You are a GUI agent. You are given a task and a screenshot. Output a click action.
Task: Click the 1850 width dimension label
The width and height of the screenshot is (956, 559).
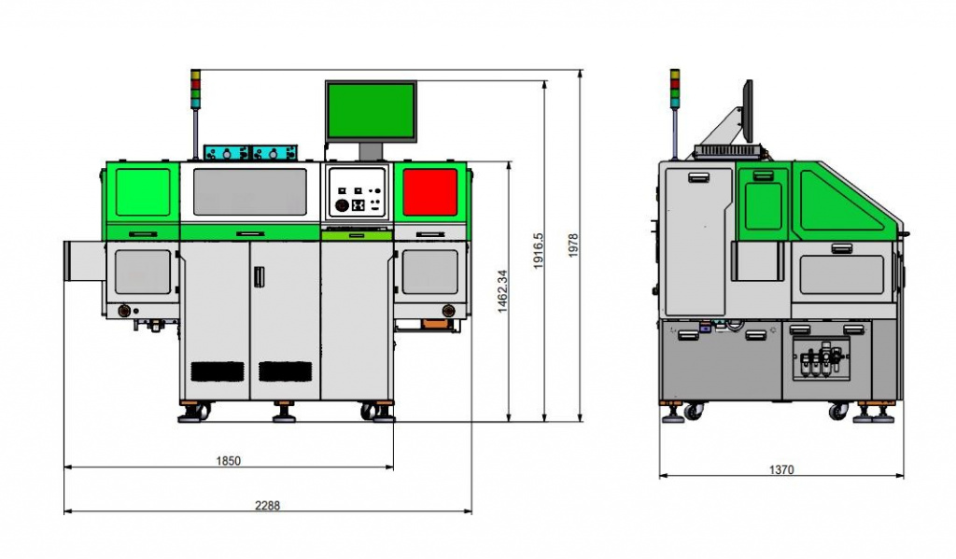(x=228, y=461)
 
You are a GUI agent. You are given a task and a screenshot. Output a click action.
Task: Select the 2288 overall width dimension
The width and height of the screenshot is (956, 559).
(x=267, y=506)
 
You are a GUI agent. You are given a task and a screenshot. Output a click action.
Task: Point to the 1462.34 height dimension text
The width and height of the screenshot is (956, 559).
(x=502, y=291)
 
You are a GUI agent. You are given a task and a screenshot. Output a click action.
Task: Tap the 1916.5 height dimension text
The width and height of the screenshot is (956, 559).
(x=538, y=250)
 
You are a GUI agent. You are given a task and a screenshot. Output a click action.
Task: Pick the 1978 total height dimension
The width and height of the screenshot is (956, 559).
(x=573, y=245)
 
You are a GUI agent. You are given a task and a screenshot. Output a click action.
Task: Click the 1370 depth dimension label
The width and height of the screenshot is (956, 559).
(x=781, y=470)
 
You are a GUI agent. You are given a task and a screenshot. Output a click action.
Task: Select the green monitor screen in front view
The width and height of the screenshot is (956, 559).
(x=371, y=110)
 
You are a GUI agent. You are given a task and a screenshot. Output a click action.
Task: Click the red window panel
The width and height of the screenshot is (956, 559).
(x=429, y=192)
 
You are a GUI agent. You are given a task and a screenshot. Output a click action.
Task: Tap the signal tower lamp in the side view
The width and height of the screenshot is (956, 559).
(x=675, y=89)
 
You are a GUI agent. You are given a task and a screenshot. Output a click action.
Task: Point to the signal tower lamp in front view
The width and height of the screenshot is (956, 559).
(x=195, y=89)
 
